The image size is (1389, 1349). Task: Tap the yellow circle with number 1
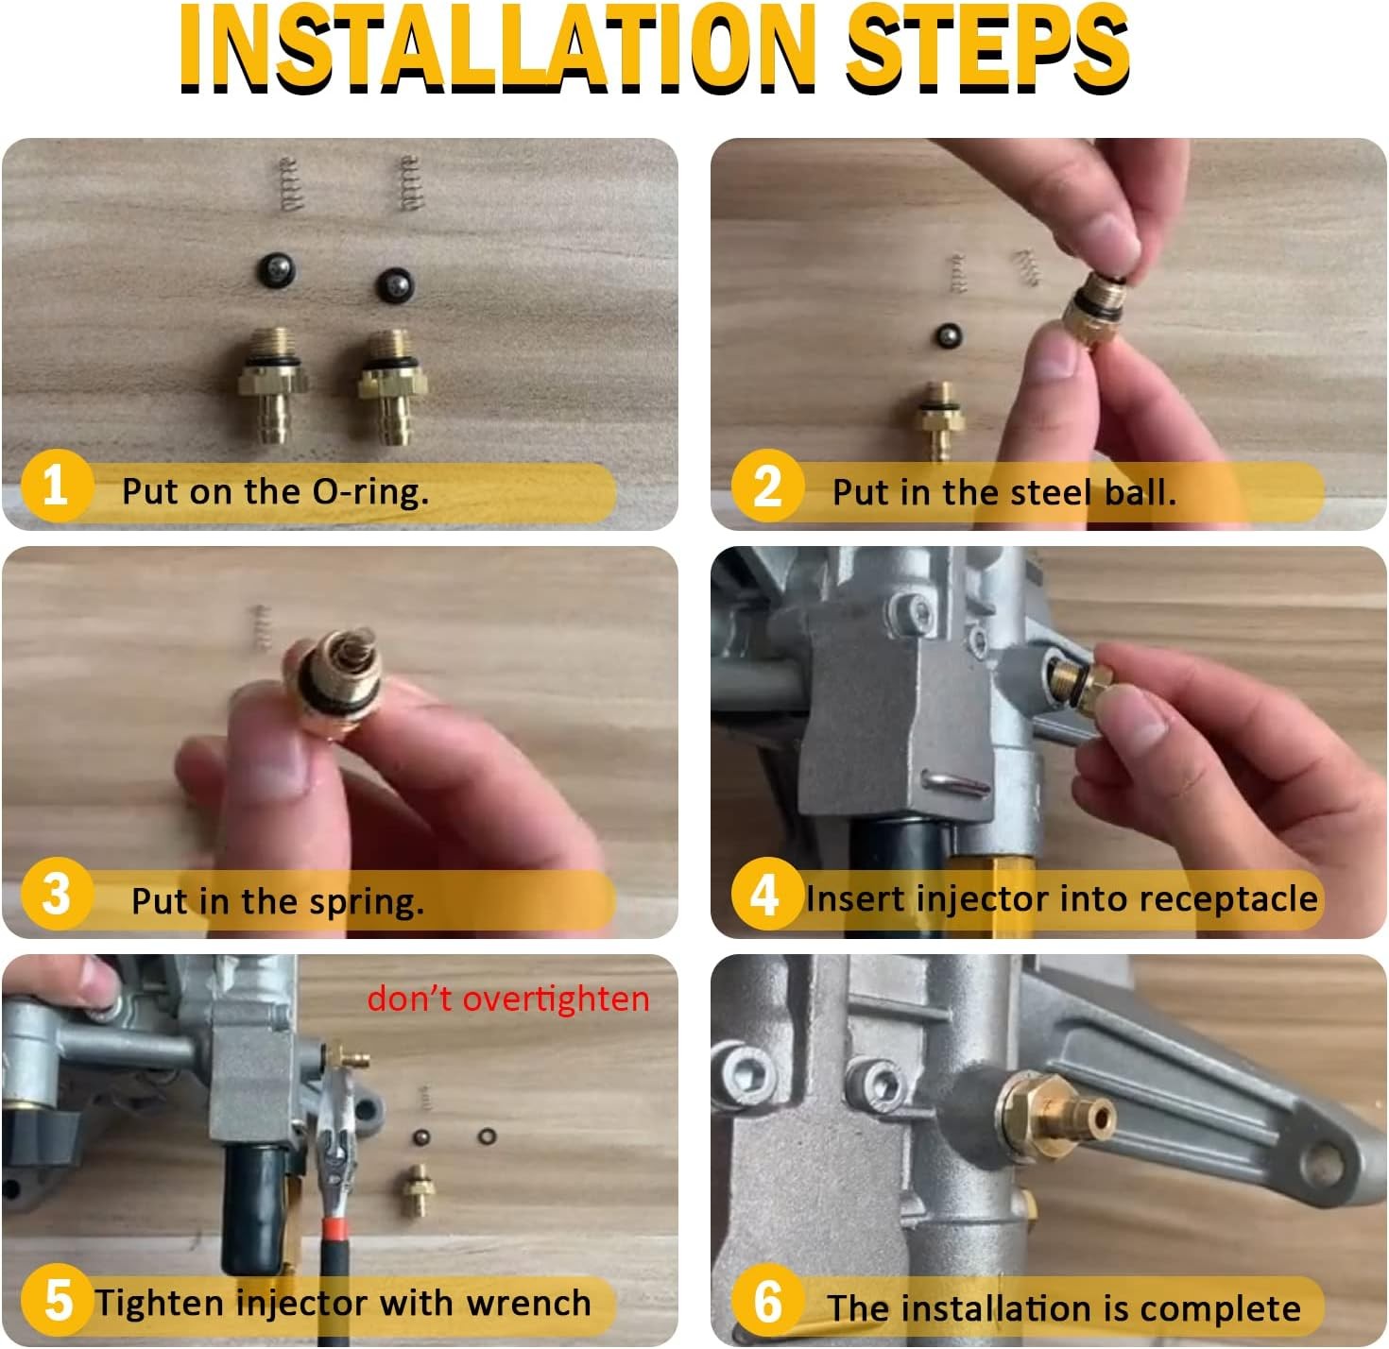point(56,487)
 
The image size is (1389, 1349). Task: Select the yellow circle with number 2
point(766,487)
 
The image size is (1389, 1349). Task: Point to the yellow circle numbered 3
point(56,894)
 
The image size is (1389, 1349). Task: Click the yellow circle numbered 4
point(764,894)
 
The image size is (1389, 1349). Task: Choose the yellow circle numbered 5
point(57,1302)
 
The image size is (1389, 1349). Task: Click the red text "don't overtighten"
point(508,999)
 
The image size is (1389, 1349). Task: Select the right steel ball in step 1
point(395,284)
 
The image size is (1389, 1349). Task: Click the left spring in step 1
point(291,184)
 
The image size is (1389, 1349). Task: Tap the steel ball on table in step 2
point(944,335)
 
